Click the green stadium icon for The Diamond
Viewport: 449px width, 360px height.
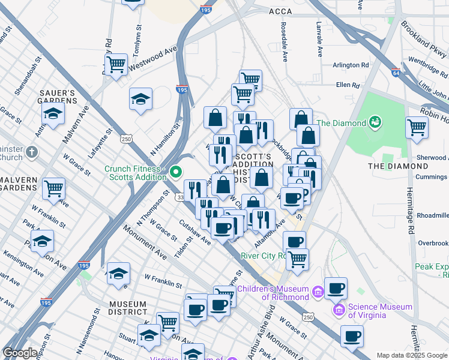point(376,123)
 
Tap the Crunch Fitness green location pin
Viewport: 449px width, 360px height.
point(176,173)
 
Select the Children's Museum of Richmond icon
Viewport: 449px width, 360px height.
point(318,292)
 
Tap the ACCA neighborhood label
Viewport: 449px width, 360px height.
point(280,11)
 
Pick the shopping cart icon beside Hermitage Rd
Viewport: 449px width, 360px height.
point(417,127)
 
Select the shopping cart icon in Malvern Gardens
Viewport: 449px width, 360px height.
point(54,189)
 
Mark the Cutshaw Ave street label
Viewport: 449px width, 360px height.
point(195,232)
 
